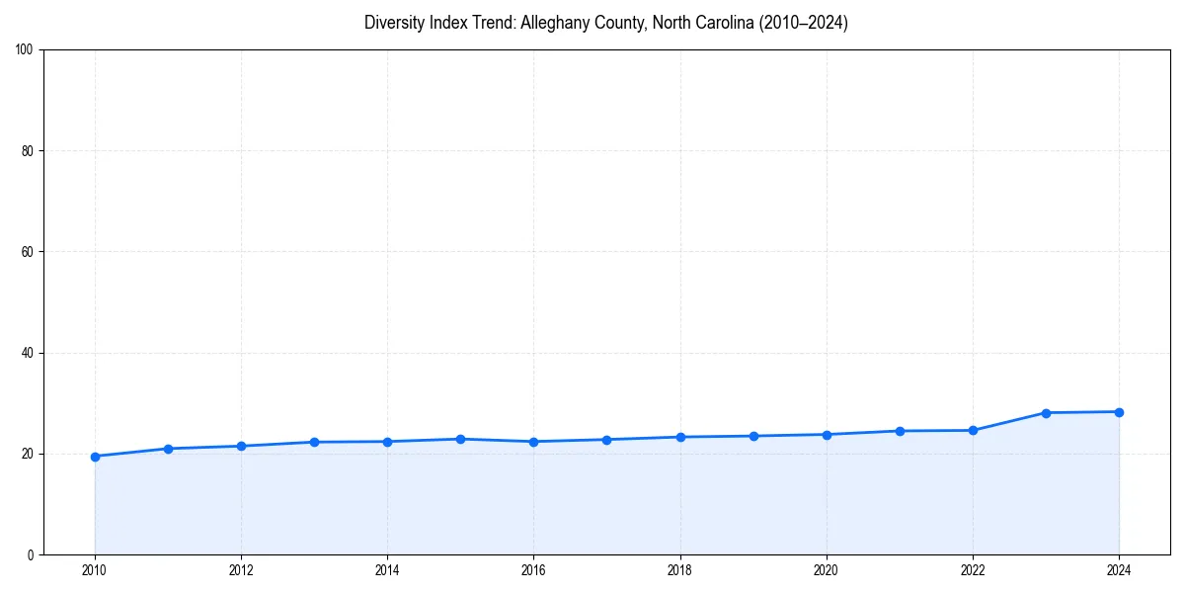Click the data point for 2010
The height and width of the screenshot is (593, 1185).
point(95,457)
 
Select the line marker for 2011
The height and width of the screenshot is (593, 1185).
point(168,449)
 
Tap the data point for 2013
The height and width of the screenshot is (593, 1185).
point(314,442)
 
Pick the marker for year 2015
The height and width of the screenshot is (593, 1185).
point(460,439)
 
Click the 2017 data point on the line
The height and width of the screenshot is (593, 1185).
point(606,440)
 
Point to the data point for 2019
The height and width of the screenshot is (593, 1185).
point(752,436)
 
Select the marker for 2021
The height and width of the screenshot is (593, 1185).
point(900,431)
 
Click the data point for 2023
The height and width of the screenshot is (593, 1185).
point(1046,413)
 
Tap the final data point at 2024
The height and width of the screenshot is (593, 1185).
point(1119,412)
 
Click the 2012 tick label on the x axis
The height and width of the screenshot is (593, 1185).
point(241,570)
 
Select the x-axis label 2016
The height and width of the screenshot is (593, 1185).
point(533,570)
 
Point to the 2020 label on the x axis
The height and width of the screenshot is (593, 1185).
point(827,570)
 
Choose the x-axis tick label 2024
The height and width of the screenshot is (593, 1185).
point(1119,570)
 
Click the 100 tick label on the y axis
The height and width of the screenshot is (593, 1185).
point(26,50)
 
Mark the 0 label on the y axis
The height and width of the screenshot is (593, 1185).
point(32,554)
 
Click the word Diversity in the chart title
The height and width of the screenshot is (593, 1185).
point(393,23)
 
